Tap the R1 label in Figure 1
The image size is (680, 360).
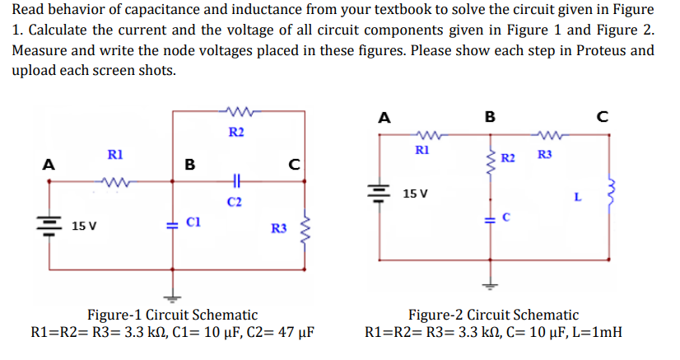coord(115,153)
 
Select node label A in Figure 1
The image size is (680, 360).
coord(49,165)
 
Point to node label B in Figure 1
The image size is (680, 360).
coord(189,164)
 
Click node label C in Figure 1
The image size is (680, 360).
coord(292,163)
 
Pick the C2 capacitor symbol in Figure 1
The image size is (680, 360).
coord(235,183)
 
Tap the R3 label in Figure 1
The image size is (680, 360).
coord(279,227)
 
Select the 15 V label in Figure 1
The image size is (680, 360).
coord(85,226)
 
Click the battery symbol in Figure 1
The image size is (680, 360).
coord(49,225)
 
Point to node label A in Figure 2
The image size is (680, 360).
coord(383,117)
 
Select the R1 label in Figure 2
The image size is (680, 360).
coord(422,150)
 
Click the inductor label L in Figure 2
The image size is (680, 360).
coord(578,198)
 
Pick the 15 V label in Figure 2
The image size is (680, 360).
coord(415,194)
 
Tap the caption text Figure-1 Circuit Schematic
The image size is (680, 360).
coord(172,316)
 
